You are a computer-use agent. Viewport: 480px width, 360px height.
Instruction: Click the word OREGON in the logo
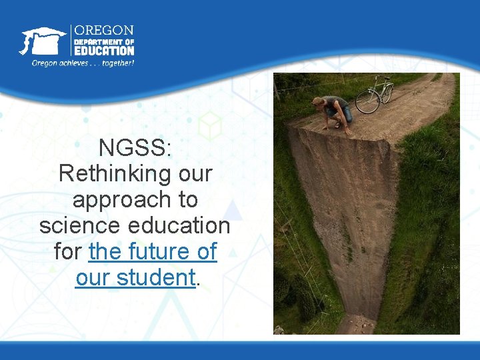pos(104,31)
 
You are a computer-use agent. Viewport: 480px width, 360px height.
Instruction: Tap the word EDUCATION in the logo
pos(104,50)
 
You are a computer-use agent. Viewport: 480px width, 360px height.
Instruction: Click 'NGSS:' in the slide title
pos(135,147)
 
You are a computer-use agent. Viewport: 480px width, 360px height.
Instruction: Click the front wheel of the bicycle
pos(367,102)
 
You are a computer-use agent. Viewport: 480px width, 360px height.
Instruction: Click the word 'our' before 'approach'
pos(195,173)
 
